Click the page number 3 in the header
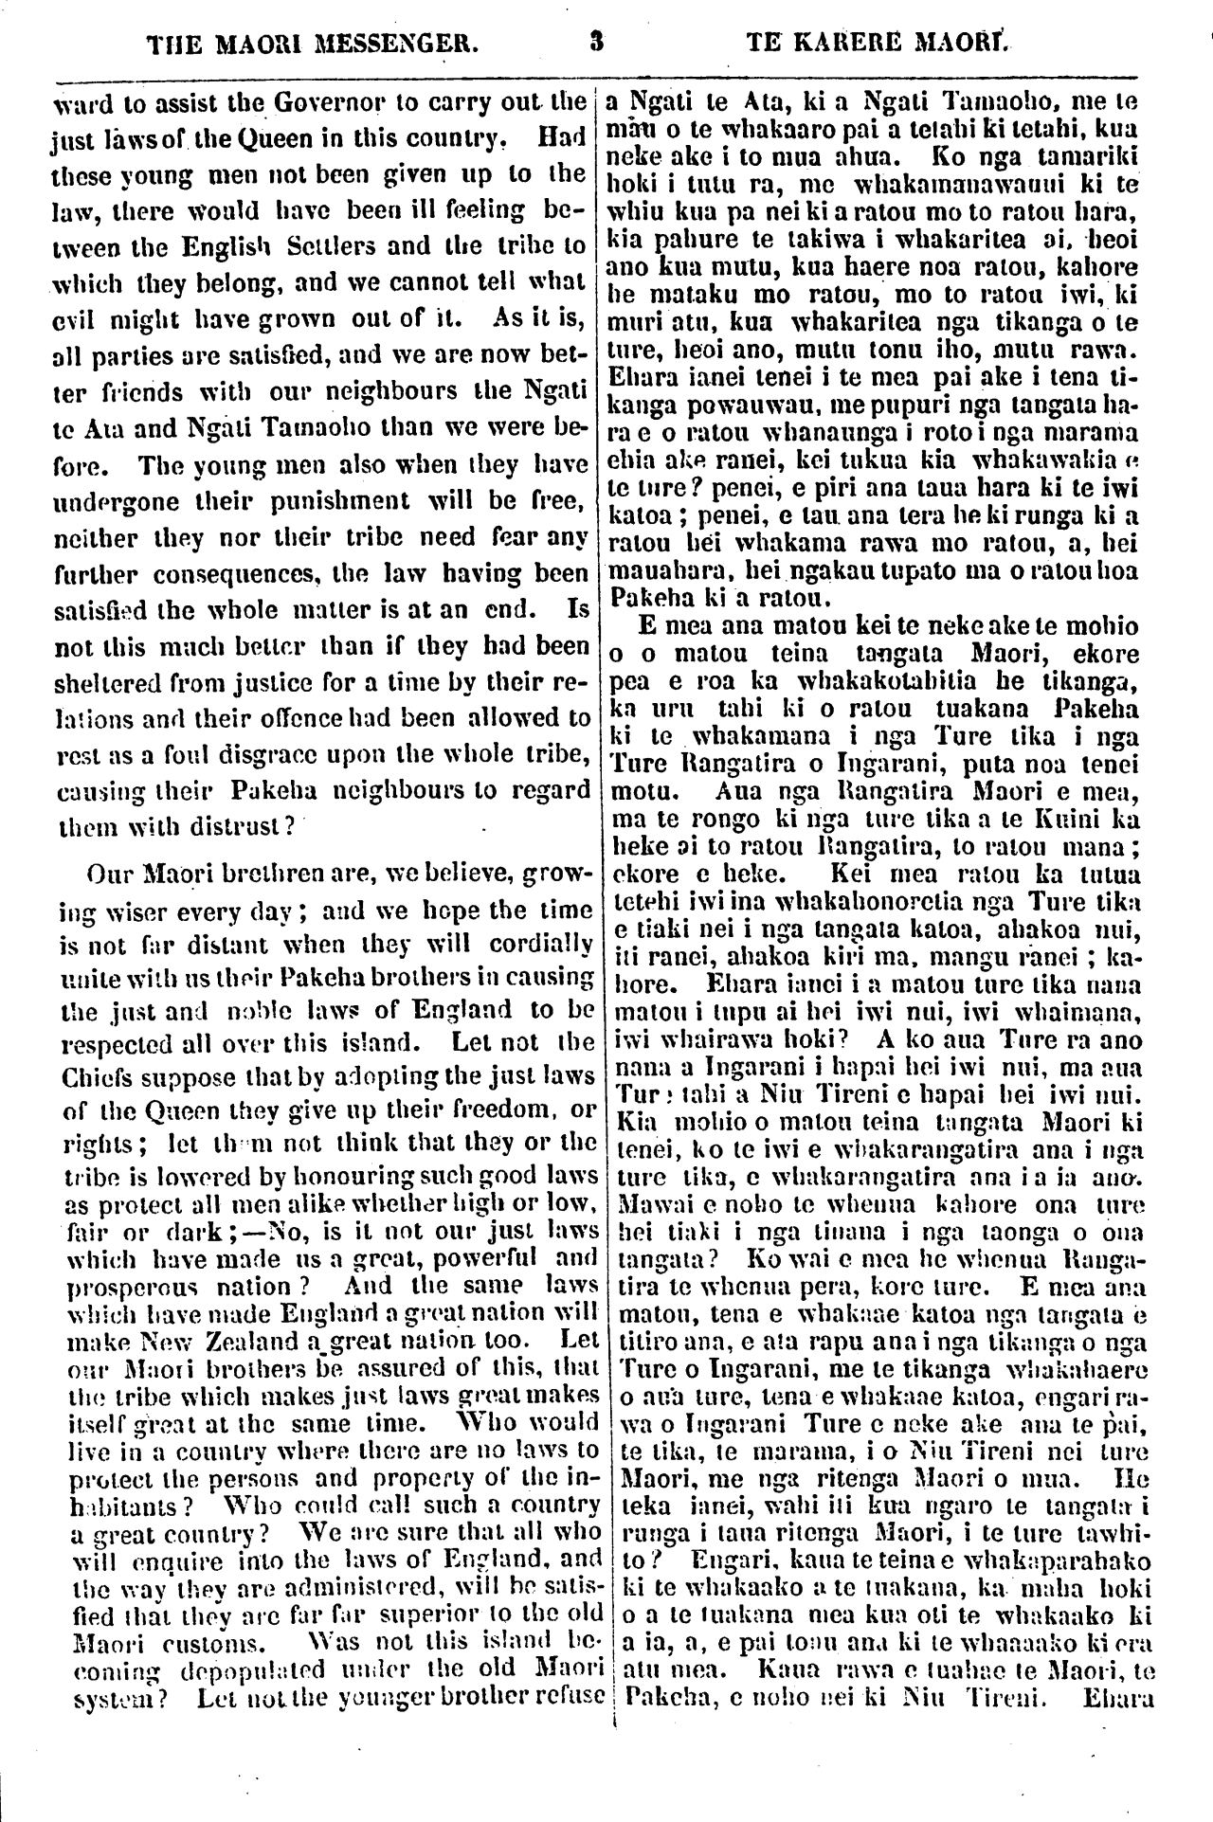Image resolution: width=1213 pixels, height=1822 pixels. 596,42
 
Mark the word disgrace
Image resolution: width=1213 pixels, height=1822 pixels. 293,755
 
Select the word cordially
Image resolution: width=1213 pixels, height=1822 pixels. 542,946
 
